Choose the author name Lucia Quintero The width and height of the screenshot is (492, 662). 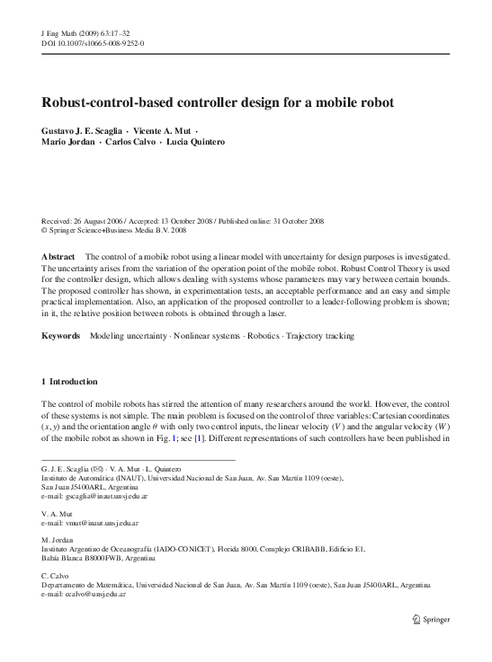pos(200,142)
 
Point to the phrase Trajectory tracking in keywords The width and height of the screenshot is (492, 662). pos(322,336)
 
